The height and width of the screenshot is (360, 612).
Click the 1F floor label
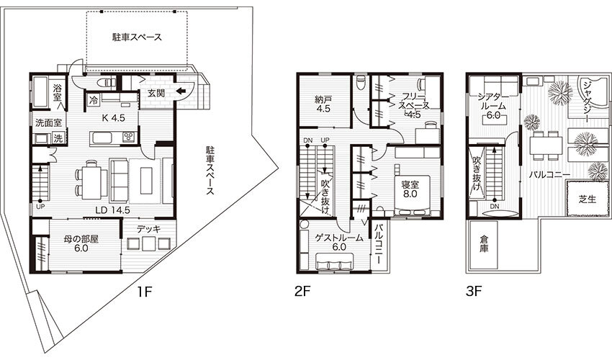point(143,292)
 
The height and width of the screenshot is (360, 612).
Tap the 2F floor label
point(302,292)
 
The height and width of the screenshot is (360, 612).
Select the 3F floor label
point(473,292)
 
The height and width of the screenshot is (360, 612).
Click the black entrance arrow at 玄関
point(181,91)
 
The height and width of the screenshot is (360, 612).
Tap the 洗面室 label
point(48,122)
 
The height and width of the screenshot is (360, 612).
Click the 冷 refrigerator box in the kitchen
point(94,99)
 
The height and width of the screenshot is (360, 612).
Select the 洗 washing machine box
point(58,138)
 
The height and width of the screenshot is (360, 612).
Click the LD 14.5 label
point(112,210)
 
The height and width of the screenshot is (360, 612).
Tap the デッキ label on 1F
point(149,229)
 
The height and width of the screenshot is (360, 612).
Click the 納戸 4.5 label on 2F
point(323,104)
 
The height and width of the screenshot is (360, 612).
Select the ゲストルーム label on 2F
point(339,238)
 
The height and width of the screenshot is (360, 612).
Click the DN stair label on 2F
point(307,140)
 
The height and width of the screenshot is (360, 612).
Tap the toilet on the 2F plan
point(361,81)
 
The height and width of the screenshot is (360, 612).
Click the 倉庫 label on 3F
point(484,243)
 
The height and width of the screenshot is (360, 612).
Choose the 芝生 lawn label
point(588,199)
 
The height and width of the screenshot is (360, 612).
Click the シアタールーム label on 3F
point(493,101)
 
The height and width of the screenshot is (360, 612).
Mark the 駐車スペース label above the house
point(137,37)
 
